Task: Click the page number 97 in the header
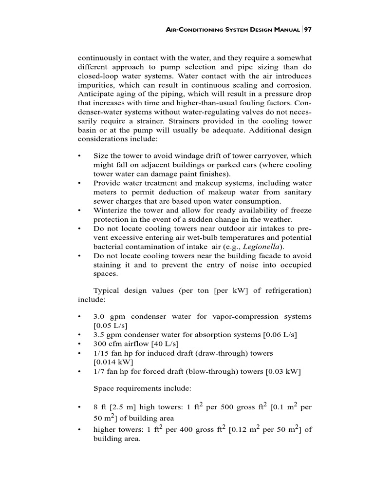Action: (x=307, y=30)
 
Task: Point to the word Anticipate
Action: (x=97, y=95)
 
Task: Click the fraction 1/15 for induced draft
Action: (x=101, y=353)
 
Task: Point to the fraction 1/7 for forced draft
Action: (x=99, y=372)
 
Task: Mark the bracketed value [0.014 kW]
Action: (x=113, y=362)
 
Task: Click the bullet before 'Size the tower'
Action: (x=79, y=156)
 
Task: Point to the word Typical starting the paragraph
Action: (x=106, y=290)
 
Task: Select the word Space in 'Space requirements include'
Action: (x=103, y=389)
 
